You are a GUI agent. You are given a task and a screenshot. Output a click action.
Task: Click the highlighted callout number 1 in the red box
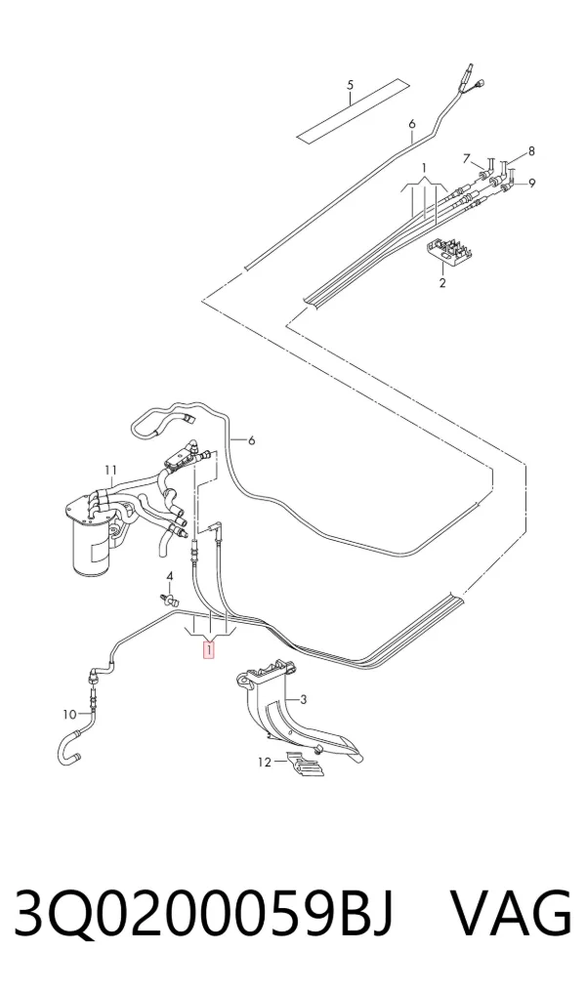pos(208,649)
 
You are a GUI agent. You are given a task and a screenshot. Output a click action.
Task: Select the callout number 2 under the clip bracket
pos(442,282)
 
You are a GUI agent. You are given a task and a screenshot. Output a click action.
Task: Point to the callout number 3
pos(304,699)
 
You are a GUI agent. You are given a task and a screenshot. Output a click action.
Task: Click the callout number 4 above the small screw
pos(169,576)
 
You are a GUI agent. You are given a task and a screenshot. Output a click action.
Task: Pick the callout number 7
pos(467,158)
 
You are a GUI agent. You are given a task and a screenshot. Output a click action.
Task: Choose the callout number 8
pos(531,150)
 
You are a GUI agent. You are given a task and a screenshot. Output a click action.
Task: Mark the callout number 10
pos(69,715)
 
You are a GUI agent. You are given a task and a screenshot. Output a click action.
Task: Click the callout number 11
pos(111,470)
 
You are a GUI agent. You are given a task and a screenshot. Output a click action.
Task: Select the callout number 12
pos(264,762)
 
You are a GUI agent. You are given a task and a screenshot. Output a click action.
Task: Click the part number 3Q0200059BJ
pos(204,913)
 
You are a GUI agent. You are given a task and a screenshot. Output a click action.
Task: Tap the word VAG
pos(512,913)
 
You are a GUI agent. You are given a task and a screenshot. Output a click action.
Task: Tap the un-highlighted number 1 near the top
pos(425,168)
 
